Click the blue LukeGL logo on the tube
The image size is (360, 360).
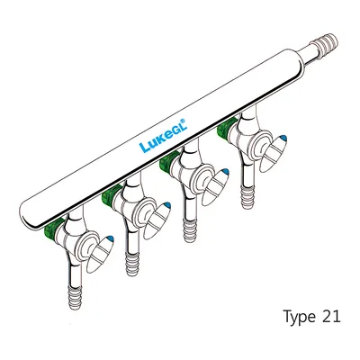[x=164, y=135]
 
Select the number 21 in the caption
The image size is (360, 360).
[x=331, y=316]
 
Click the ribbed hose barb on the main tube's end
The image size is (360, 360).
[x=326, y=45]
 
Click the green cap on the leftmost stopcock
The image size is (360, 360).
[x=50, y=227]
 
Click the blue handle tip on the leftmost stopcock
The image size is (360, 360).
[x=111, y=239]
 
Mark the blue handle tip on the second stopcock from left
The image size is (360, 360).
[x=167, y=206]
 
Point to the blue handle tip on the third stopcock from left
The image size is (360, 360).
[x=225, y=173]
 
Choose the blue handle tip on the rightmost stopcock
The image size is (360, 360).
[x=283, y=139]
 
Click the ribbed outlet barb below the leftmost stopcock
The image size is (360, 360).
[x=75, y=297]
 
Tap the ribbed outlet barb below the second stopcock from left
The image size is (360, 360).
[x=132, y=264]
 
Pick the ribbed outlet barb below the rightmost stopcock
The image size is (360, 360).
[x=247, y=197]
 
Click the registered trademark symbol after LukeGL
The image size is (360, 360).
[x=185, y=121]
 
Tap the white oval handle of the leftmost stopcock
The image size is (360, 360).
[x=100, y=254]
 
